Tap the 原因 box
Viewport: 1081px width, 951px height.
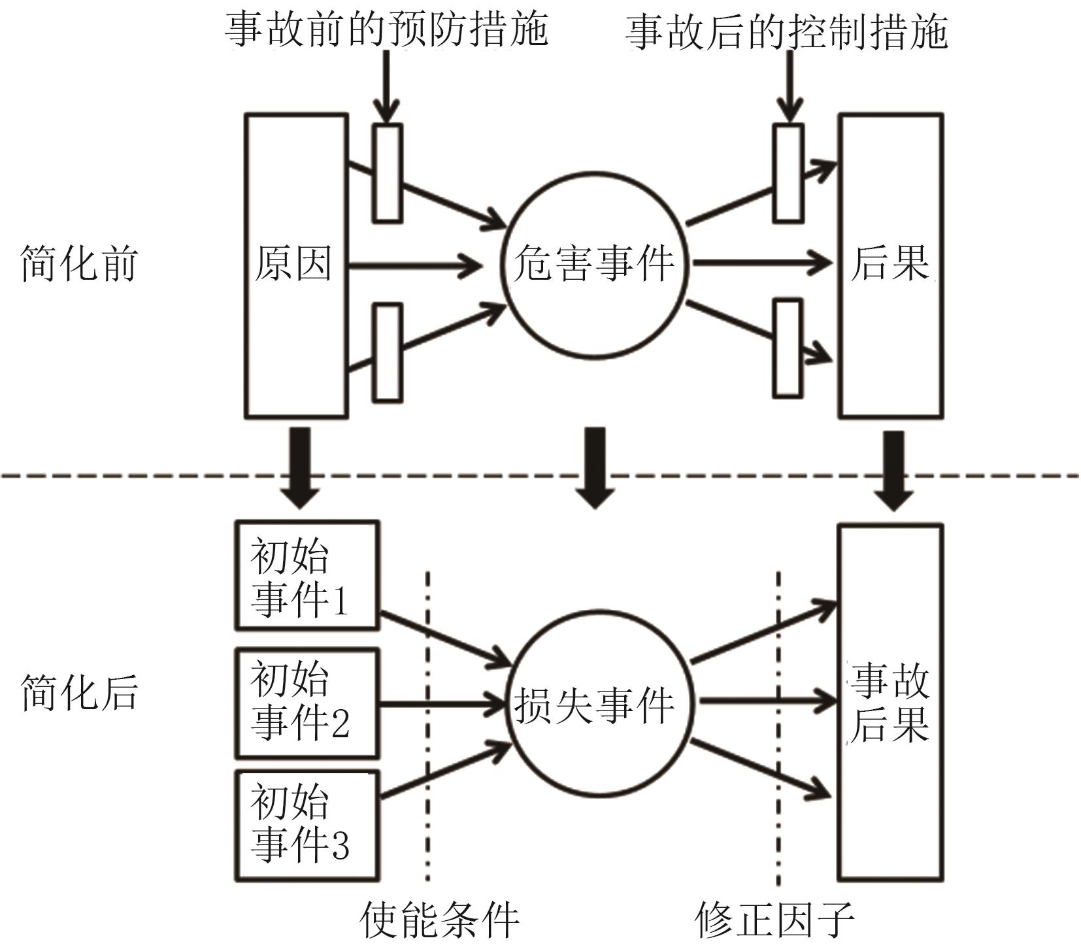point(296,265)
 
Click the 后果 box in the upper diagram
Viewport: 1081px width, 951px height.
point(890,265)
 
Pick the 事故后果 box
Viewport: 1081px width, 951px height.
point(890,703)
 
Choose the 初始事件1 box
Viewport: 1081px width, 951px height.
point(307,576)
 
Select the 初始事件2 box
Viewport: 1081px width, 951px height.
point(307,703)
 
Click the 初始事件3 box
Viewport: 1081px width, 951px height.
point(307,825)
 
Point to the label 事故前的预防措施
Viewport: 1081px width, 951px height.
point(386,29)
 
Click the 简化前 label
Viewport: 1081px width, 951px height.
point(79,264)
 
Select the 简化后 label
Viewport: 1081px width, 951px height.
point(79,693)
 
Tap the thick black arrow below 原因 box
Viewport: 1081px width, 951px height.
point(300,467)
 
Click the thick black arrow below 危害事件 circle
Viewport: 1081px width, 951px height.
point(594,467)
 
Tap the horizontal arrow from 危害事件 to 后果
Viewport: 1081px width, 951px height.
point(761,263)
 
